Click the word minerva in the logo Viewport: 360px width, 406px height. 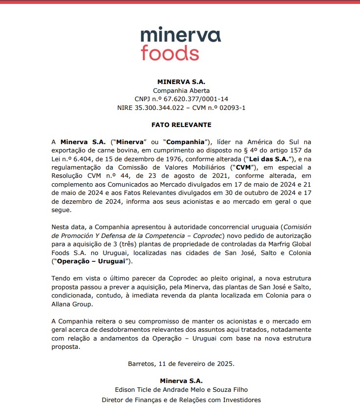click(180, 35)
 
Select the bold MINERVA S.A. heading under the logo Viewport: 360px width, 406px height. click(181, 82)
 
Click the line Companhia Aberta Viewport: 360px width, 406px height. click(181, 90)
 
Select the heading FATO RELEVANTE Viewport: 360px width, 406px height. click(181, 125)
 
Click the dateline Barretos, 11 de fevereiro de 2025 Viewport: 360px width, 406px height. click(181, 363)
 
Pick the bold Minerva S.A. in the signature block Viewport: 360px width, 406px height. click(181, 381)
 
